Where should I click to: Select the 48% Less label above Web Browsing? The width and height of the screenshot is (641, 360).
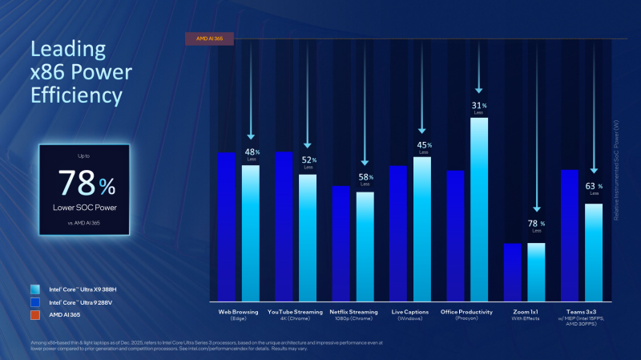251,153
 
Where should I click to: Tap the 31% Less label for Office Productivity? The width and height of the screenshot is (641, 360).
479,107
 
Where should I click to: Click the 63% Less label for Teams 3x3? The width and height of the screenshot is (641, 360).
594,189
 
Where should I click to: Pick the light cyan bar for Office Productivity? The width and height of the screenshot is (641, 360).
479,208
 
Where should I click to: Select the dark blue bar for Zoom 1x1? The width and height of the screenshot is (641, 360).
513,271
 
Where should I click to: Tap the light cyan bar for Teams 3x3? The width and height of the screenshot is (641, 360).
594,251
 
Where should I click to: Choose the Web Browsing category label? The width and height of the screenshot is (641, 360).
239,311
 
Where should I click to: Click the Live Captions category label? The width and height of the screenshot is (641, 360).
410,311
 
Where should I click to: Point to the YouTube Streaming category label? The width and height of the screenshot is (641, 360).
296,311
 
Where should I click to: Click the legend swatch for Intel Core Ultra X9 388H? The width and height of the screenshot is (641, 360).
34,289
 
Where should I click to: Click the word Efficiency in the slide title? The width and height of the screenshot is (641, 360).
76,97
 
